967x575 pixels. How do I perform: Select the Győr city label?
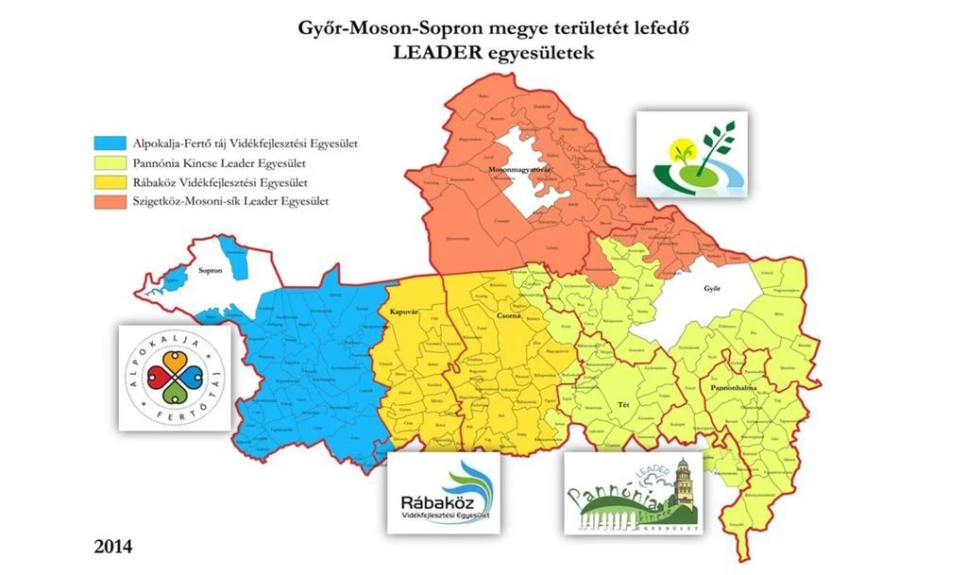point(712,289)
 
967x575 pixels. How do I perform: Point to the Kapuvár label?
point(404,311)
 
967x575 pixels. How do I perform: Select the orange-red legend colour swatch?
point(110,200)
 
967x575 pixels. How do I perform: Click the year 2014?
point(112,547)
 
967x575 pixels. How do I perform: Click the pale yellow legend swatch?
point(110,162)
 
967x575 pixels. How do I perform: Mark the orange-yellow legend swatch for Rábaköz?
point(110,181)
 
